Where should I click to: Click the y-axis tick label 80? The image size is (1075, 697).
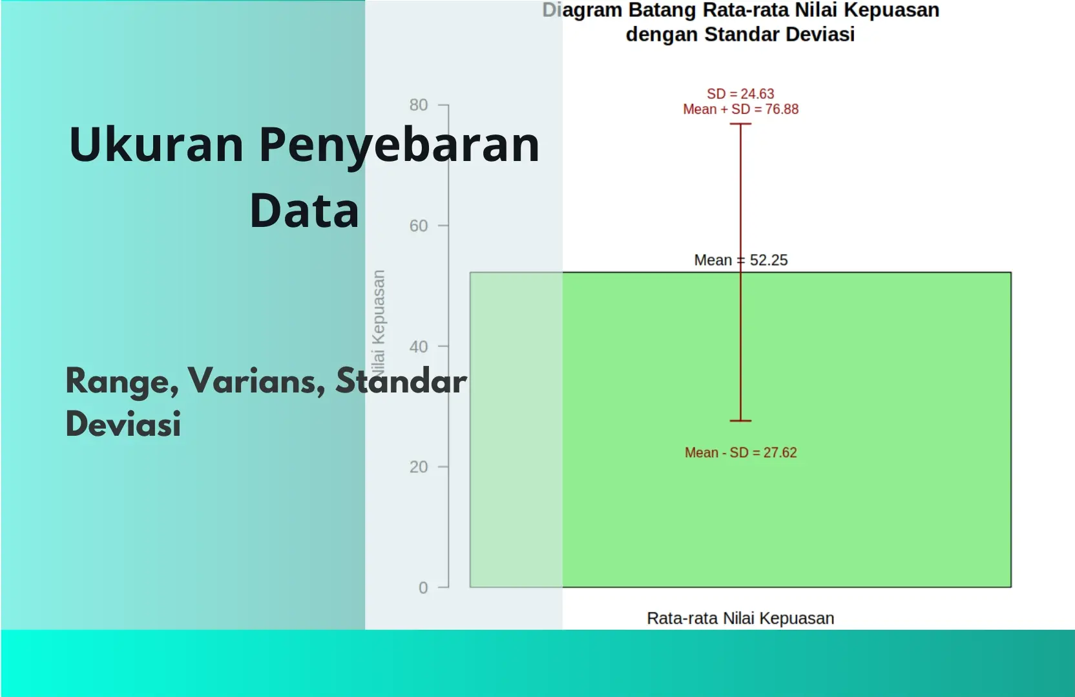coord(418,105)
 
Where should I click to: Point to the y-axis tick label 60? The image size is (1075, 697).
coord(418,226)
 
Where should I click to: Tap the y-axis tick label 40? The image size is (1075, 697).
coord(418,347)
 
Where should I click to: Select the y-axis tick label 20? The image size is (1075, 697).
coord(418,467)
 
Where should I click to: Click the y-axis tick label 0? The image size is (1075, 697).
coord(423,588)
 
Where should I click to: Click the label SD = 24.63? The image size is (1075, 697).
coord(740,94)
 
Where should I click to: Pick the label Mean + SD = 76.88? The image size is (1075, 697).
coord(740,109)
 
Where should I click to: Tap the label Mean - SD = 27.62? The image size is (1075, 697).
coord(740,453)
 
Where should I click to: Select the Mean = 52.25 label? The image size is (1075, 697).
coord(740,260)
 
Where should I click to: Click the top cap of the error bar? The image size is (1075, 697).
coord(740,123)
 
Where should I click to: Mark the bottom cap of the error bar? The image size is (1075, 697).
coord(740,421)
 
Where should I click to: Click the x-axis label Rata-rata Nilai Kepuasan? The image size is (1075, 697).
coord(740,618)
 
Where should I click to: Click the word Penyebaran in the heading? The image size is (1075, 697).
coord(399,145)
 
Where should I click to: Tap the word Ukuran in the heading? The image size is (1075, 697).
coord(156,145)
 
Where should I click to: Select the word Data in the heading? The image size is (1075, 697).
coord(304,211)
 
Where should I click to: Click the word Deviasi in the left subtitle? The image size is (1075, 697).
coord(123,424)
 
